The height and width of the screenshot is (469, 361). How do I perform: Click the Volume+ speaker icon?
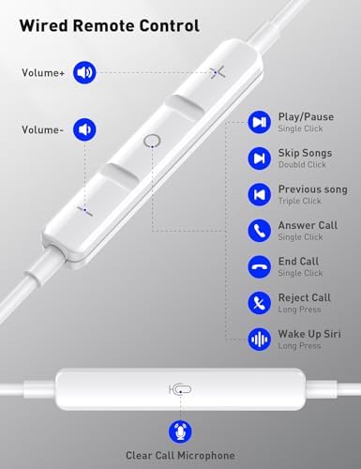tap(84, 72)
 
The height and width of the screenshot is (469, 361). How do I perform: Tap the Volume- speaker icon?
tap(84, 129)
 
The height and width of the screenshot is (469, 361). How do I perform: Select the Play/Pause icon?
tap(260, 122)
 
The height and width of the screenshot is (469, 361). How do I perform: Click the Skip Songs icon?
tap(260, 159)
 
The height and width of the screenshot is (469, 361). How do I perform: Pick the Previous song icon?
tap(260, 194)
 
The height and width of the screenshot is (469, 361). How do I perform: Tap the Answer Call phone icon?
tap(260, 231)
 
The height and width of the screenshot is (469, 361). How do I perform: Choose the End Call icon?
tap(260, 266)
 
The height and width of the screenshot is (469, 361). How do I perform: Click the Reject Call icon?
tap(260, 303)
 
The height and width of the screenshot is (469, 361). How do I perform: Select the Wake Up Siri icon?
tap(260, 340)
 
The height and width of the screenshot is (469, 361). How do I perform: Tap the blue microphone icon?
tap(180, 431)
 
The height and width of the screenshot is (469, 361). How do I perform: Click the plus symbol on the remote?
tap(218, 72)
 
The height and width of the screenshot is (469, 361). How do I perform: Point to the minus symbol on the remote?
tap(85, 210)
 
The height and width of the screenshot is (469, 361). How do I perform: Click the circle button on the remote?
tap(152, 142)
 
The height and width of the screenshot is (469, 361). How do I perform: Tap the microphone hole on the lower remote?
tap(181, 389)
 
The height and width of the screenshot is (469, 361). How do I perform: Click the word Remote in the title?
tap(105, 25)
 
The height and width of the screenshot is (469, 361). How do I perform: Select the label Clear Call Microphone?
tap(180, 455)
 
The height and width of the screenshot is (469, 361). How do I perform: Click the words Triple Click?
tap(300, 201)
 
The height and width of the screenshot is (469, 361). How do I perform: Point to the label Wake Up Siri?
tap(309, 334)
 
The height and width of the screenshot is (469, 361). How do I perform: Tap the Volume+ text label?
tap(43, 73)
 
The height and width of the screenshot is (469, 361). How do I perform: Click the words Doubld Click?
tap(302, 164)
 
